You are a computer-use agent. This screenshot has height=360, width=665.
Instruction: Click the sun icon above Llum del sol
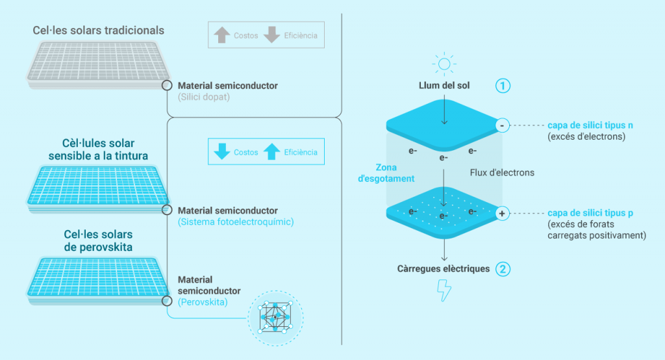tap(444, 64)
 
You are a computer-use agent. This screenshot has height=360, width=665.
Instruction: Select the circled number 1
tap(501, 85)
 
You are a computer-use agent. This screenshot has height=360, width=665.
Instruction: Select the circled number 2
tap(501, 268)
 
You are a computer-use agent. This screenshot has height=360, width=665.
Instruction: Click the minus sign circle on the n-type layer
tap(502, 124)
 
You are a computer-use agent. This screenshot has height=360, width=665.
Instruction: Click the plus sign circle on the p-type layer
tap(502, 213)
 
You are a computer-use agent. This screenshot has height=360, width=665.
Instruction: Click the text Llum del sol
tap(444, 86)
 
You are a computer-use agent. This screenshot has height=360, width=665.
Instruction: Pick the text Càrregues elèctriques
tap(444, 268)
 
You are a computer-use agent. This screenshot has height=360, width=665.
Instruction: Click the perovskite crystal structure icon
tap(275, 319)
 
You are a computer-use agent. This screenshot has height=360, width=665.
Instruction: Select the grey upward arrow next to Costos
tap(223, 35)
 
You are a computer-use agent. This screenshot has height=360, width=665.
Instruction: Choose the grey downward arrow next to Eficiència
tap(273, 35)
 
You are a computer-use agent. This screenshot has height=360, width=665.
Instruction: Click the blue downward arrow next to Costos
tap(223, 152)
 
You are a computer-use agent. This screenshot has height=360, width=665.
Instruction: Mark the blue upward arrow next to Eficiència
tap(273, 152)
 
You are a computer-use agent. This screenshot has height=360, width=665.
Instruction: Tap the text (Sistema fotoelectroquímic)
tap(235, 222)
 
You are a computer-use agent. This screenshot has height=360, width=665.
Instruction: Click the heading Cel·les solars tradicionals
tap(99, 31)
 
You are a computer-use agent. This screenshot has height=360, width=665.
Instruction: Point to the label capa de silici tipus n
tap(590, 125)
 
